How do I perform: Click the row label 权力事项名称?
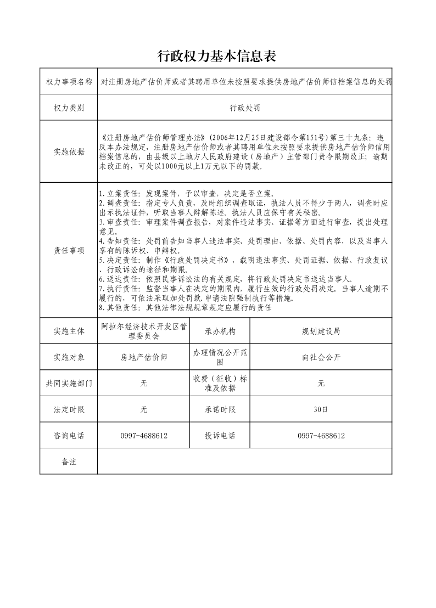click(x=69, y=82)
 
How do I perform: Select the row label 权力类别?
click(x=69, y=108)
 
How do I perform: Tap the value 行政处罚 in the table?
click(x=244, y=108)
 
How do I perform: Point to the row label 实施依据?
click(x=69, y=152)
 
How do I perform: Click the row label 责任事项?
click(x=69, y=250)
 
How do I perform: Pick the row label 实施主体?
click(x=69, y=331)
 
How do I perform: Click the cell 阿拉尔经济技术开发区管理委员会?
click(x=144, y=331)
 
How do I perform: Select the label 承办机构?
click(x=220, y=331)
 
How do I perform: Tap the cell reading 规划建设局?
click(x=321, y=331)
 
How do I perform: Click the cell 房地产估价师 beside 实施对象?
click(x=144, y=357)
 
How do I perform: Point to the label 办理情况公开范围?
click(x=220, y=357)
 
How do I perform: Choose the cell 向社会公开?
click(x=321, y=357)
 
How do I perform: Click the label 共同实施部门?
click(x=69, y=384)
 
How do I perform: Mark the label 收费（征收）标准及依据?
click(x=220, y=384)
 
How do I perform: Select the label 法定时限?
click(x=69, y=409)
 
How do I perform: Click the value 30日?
click(x=321, y=409)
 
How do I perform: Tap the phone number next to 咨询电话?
click(x=144, y=435)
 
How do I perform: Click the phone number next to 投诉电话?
click(x=321, y=435)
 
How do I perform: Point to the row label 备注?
click(x=69, y=461)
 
